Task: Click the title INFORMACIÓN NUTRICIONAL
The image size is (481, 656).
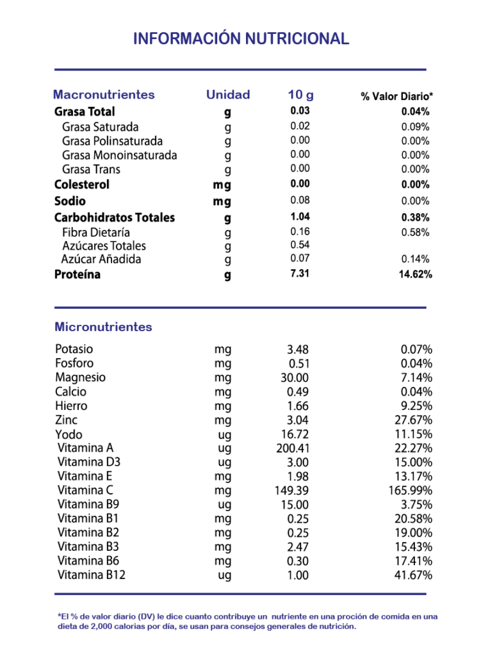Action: point(241,39)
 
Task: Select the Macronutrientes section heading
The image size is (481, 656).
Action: point(104,95)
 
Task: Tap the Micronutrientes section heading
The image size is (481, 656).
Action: point(103,327)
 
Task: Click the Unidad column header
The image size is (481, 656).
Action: point(228,95)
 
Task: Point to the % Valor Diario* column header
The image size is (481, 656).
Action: point(397,97)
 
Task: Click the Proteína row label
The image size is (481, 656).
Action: point(77,275)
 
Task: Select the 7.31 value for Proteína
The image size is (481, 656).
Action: point(300,274)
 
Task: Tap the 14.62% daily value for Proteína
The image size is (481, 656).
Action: point(416,275)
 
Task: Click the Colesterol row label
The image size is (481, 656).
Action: point(82,184)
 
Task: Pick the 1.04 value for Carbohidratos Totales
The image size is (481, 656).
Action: point(300,217)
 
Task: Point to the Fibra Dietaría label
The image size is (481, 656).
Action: point(96,232)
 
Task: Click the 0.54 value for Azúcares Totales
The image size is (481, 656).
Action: point(300,245)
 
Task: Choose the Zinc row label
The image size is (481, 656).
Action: point(67,420)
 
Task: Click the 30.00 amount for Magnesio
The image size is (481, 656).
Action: point(295,378)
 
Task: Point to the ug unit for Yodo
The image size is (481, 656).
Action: point(224,434)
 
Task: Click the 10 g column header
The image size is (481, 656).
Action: point(300,95)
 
